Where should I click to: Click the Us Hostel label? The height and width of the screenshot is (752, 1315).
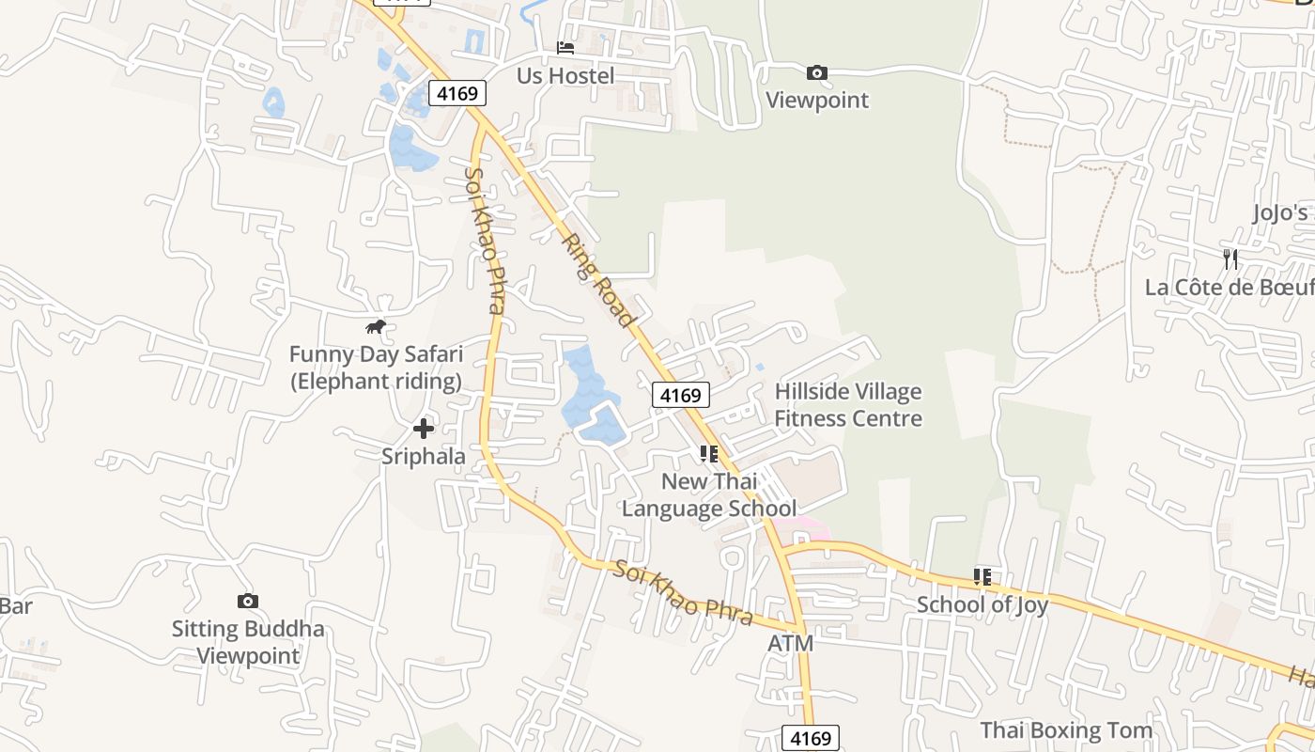[x=565, y=76]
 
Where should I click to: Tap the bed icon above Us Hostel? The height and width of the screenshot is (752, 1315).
[x=565, y=47]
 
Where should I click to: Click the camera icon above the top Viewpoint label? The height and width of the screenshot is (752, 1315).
[x=817, y=72]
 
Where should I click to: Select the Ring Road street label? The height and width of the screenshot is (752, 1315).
[x=597, y=280]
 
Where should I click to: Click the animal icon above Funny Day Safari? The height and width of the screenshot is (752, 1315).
[x=376, y=326]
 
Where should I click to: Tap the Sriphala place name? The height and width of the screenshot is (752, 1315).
[x=424, y=457]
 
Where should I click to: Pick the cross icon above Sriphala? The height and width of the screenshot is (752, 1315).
[x=424, y=429]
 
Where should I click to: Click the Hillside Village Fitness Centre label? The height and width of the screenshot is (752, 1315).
[x=848, y=405]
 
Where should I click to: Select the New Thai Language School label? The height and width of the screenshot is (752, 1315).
[x=709, y=495]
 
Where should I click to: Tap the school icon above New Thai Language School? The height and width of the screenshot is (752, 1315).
[x=709, y=454]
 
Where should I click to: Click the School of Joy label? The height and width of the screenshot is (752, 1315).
[x=982, y=604]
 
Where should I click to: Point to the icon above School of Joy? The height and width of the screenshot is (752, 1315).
[x=982, y=576]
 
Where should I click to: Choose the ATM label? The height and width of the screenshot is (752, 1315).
[x=791, y=644]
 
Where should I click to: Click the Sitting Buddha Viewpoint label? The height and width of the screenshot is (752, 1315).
[x=248, y=642]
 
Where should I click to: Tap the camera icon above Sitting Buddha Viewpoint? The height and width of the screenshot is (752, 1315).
[x=248, y=601]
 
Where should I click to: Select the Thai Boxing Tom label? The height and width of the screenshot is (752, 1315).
[x=1066, y=730]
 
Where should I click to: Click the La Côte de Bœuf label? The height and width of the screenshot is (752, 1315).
[x=1229, y=287]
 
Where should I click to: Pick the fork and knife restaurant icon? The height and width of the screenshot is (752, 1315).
[x=1230, y=258]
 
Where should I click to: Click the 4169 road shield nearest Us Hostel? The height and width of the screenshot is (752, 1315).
[x=458, y=93]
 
